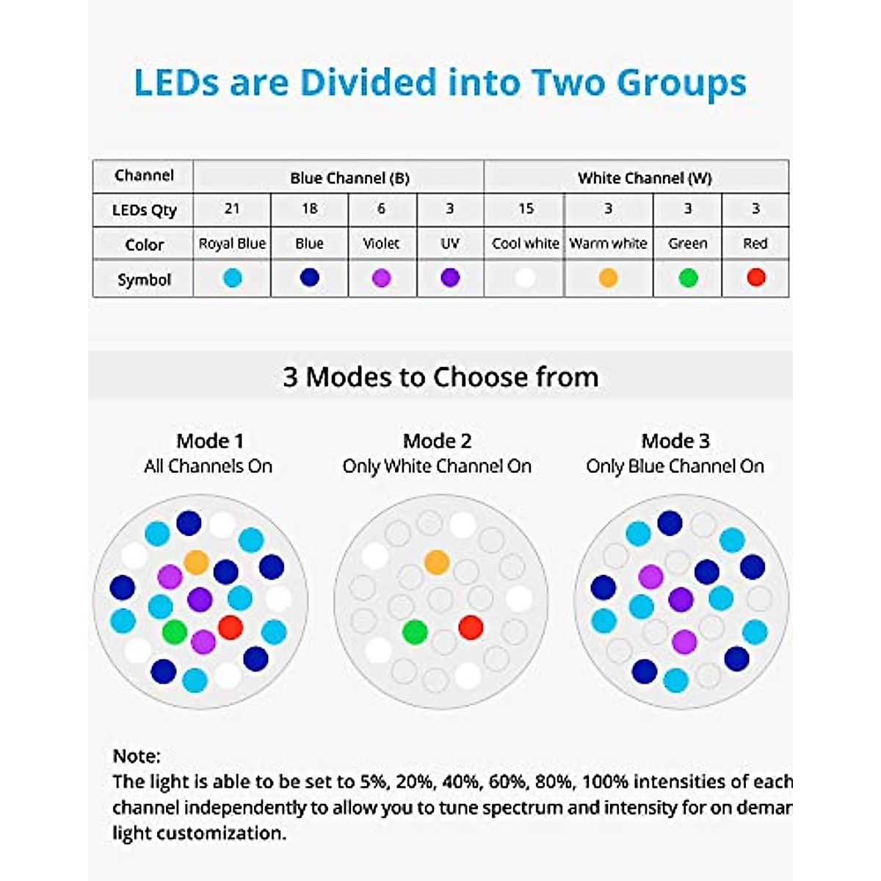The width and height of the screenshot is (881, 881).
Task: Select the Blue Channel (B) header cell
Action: click(349, 178)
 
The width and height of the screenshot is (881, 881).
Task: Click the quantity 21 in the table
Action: click(232, 209)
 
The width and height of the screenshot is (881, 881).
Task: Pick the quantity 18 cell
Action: click(309, 209)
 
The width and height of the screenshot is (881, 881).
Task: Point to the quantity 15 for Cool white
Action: click(526, 209)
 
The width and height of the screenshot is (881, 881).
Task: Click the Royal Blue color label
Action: click(232, 244)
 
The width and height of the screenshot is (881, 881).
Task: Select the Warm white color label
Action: click(608, 244)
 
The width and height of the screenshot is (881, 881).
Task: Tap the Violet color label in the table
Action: click(382, 244)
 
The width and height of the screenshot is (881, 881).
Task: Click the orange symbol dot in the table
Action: click(608, 278)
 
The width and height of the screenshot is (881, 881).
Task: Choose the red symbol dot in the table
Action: click(755, 278)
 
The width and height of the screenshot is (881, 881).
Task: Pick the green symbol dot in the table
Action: click(688, 278)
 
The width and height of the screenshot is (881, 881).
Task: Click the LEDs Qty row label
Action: click(144, 211)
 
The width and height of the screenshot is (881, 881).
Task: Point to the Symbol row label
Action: click(144, 280)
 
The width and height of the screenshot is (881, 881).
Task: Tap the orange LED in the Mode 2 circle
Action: click(436, 562)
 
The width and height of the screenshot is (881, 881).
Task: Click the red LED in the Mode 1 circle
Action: click(231, 627)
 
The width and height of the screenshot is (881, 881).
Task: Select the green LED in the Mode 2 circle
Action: click(415, 631)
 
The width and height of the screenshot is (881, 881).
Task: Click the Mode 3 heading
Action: click(675, 441)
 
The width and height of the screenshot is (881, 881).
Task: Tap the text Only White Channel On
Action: click(437, 466)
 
